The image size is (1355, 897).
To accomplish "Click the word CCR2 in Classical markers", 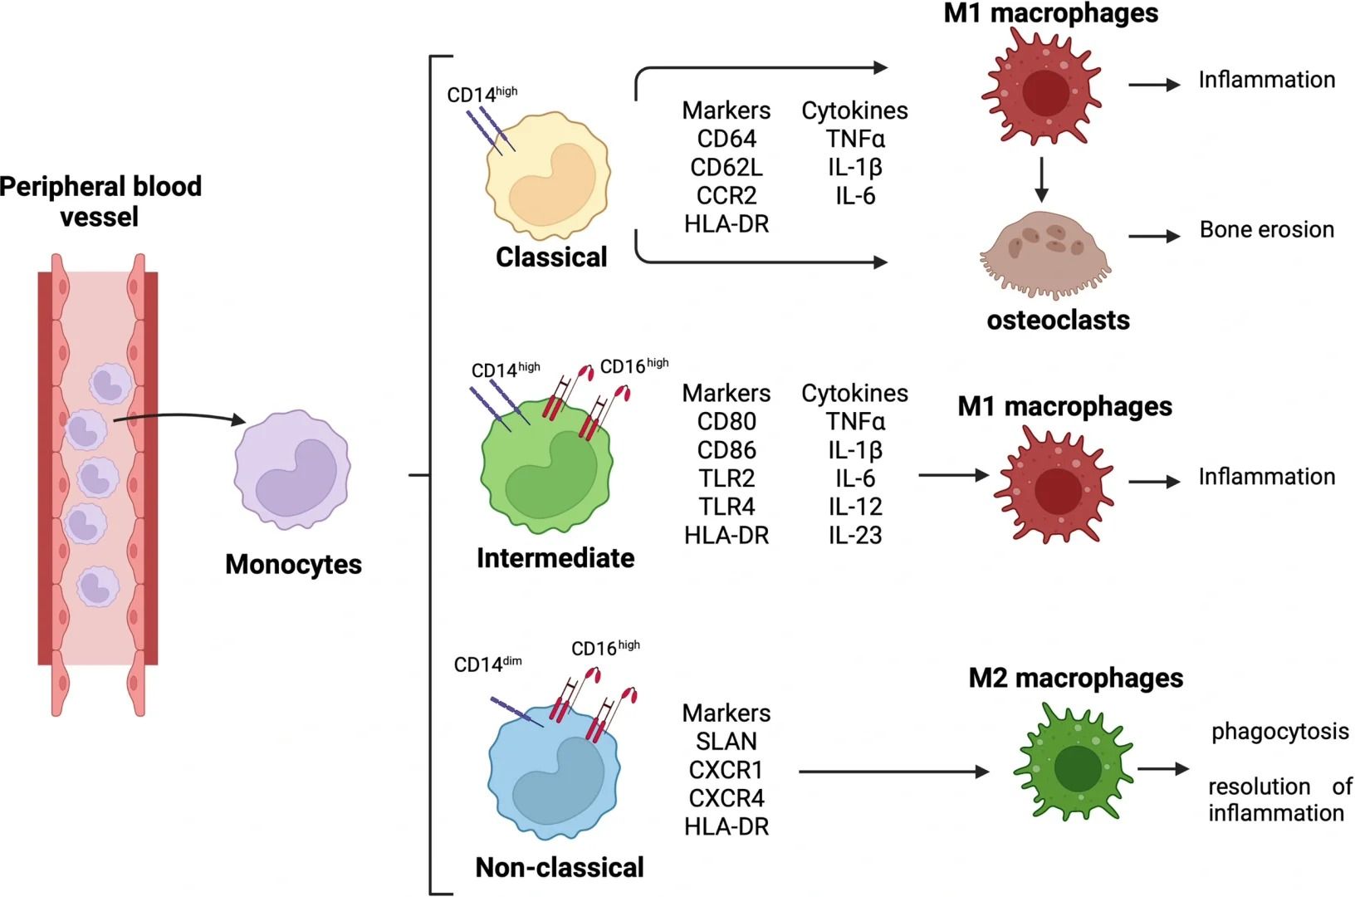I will (726, 196).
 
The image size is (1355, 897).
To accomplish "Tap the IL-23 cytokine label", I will (854, 536).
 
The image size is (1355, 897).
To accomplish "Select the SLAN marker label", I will (726, 742).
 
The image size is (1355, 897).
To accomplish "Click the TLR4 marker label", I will (726, 507).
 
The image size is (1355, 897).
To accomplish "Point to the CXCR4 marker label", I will (726, 799).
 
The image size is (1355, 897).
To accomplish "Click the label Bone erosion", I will (1266, 230).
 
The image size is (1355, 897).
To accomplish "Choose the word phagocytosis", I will (1279, 732).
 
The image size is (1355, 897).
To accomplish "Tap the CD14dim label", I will (487, 664).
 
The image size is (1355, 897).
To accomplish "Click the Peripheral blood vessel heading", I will (100, 201).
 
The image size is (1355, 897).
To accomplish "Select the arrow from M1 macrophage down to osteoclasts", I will (1041, 179).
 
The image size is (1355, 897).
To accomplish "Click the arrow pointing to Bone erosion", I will (1154, 237).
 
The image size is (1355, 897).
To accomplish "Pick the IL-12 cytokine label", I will (854, 507).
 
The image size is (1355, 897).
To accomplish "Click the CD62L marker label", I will (726, 168).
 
